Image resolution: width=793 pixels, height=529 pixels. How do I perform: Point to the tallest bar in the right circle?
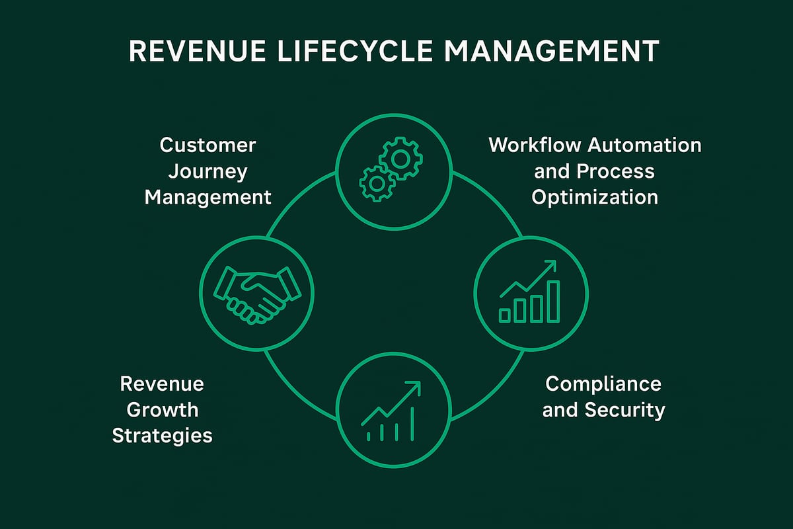tap(553, 301)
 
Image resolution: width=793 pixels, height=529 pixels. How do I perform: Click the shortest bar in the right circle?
tap(506, 315)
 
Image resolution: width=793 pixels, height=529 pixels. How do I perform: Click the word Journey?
tap(208, 171)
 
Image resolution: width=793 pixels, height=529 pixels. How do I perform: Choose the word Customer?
tap(208, 145)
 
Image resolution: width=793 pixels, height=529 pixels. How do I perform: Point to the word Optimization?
tap(595, 197)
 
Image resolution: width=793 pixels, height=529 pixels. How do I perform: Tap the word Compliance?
tap(603, 384)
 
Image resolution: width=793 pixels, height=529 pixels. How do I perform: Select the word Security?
tap(624, 410)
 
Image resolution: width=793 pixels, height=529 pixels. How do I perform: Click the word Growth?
tap(163, 410)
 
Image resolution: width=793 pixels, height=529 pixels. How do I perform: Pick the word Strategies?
tap(163, 436)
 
